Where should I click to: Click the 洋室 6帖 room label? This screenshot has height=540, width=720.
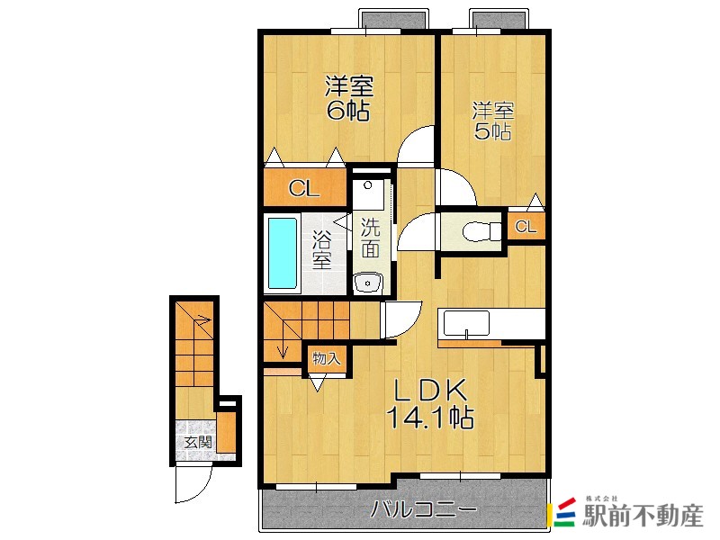(x=347, y=98)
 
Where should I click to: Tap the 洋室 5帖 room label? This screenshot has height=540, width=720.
(x=492, y=121)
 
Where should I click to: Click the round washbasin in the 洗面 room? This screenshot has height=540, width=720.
(x=367, y=283)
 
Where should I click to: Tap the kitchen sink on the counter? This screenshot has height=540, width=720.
(x=465, y=323)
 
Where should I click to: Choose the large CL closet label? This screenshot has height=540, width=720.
(x=304, y=188)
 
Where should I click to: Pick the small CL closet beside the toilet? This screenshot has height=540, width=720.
(x=526, y=227)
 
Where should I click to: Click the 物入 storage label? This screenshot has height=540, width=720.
(x=327, y=358)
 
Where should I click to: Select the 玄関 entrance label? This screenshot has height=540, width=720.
(x=198, y=443)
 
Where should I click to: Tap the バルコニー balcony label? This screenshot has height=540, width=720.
(x=424, y=509)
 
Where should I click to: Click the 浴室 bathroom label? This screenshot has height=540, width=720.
(x=322, y=249)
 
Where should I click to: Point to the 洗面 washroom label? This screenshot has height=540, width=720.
(x=370, y=238)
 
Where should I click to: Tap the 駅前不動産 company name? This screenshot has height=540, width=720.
(x=643, y=516)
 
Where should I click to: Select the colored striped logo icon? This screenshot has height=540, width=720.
(x=564, y=512)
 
